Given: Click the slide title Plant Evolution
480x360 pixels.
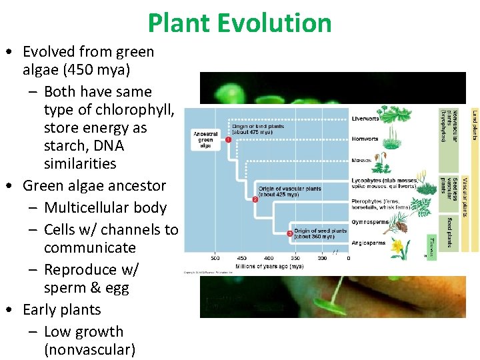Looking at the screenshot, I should point(239,23).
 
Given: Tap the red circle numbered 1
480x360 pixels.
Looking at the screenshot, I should point(228,140).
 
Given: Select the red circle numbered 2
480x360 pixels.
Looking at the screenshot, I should point(255,199).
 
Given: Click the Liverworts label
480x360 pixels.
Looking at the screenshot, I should point(365,119).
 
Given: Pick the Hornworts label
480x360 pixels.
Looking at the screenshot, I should point(365,139).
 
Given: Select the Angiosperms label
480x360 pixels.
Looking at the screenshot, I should point(369,243).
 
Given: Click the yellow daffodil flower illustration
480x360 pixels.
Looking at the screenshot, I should point(398,248).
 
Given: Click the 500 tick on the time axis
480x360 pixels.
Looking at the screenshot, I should point(215,257).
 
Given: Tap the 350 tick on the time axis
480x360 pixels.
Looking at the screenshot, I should point(295,257).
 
